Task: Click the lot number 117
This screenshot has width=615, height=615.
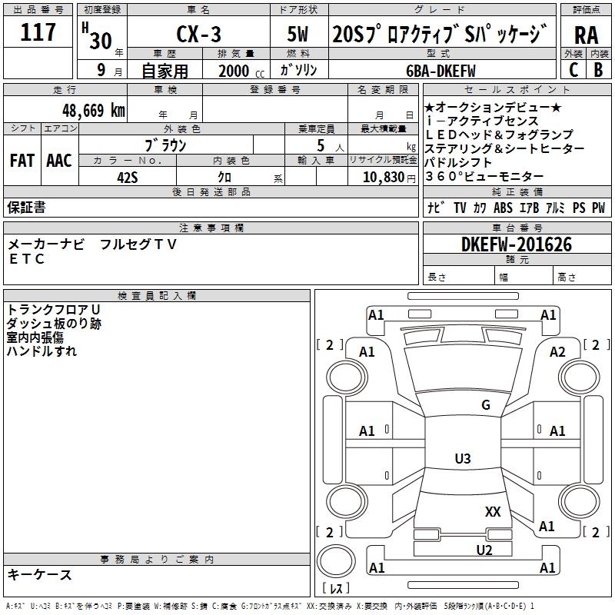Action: point(39,33)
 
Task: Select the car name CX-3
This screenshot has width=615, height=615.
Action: point(198,36)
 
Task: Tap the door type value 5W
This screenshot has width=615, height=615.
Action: point(300,36)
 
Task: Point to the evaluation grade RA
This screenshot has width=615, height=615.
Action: point(586,36)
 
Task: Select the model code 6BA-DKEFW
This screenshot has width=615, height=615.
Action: point(440,71)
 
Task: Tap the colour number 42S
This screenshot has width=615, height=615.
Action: point(127,177)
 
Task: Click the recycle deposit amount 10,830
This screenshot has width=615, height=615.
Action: point(381,177)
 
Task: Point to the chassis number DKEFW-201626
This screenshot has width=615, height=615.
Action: point(518,244)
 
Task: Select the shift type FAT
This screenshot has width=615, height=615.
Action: point(22,161)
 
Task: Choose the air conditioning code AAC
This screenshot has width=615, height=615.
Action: point(58,161)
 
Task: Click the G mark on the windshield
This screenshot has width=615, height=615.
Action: point(485,405)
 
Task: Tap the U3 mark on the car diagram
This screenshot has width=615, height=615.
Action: point(462,459)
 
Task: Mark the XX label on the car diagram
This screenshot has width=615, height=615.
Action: point(493,511)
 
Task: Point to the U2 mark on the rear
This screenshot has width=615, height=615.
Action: point(484,549)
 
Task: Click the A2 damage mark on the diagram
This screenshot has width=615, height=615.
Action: point(557,351)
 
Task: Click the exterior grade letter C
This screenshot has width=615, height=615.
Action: point(573,70)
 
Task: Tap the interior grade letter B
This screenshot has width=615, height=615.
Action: point(598,70)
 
